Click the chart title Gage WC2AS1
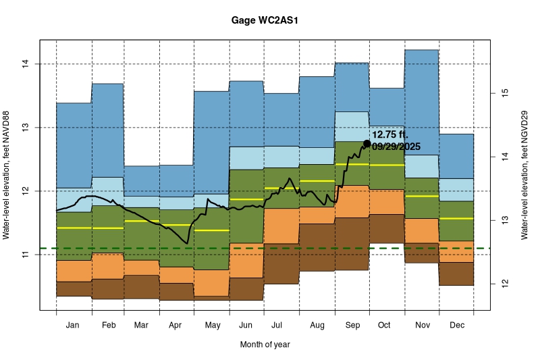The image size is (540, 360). pos(265,21)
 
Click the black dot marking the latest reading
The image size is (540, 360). pos(367,143)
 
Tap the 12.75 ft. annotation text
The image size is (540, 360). pos(390,134)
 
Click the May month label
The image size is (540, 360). pos(212,326)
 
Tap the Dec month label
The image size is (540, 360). pos(456,326)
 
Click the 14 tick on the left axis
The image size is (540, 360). pos(25,64)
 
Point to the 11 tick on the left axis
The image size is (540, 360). pos(25,255)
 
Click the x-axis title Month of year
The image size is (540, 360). pos(265,344)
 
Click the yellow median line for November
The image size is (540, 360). pos(421,197)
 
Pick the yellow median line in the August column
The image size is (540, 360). pos(317,181)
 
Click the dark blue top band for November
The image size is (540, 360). pos(421,101)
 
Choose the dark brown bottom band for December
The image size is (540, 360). pos(456,274)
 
